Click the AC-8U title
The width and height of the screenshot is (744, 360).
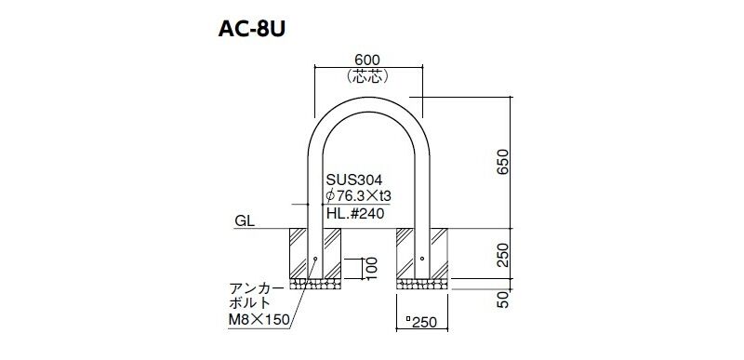tap(251, 30)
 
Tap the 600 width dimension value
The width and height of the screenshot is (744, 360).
tap(367, 60)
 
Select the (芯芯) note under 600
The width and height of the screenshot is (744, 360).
tap(367, 76)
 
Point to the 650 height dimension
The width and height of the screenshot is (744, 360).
tap(503, 162)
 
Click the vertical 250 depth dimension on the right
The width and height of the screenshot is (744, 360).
tap(503, 255)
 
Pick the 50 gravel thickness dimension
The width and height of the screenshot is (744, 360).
tap(503, 300)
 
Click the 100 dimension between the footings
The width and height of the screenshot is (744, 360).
tap(371, 269)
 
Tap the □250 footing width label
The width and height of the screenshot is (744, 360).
tap(421, 322)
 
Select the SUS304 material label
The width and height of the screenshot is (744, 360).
tap(354, 180)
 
